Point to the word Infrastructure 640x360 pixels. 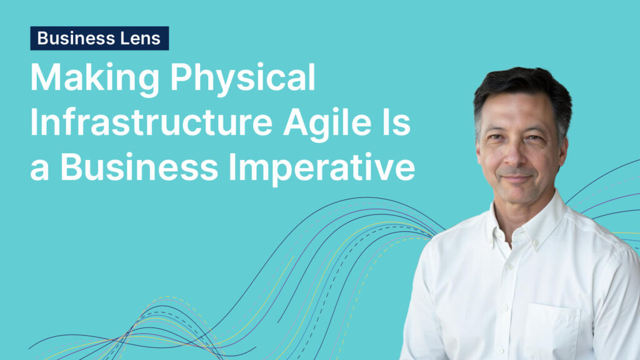(x=151, y=122)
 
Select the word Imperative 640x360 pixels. (x=322, y=167)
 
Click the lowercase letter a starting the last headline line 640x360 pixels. (x=39, y=171)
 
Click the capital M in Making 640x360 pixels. (x=46, y=77)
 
